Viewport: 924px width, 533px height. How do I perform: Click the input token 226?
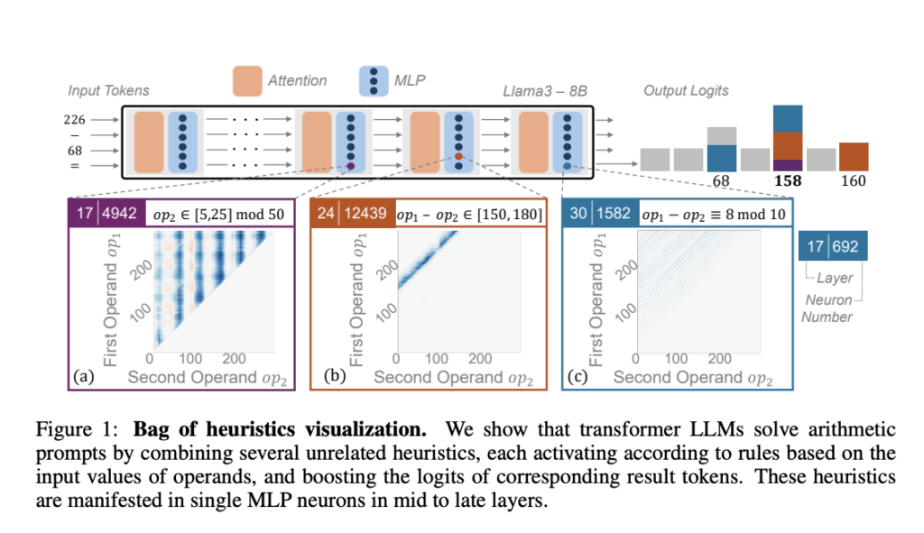[x=76, y=119]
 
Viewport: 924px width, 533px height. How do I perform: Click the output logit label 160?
[x=854, y=181]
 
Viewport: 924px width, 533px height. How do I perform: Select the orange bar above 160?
[x=854, y=156]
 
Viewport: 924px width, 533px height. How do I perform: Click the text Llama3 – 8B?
[x=544, y=91]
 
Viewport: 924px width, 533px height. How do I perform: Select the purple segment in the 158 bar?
[x=788, y=166]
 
